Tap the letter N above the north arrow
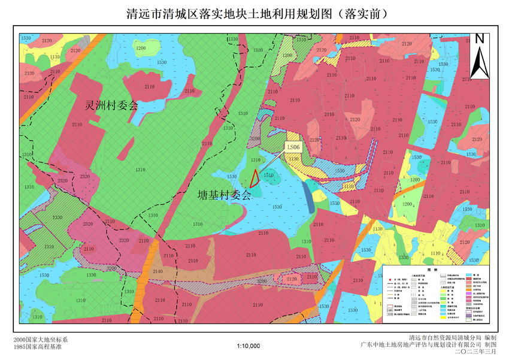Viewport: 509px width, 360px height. click(x=479, y=39)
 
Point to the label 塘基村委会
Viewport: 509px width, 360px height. click(x=225, y=195)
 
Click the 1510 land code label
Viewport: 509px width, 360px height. click(x=269, y=176)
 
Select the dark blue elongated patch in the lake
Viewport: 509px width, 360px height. click(x=308, y=196)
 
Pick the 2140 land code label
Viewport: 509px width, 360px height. click(x=157, y=271)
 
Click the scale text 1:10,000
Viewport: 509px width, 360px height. click(x=249, y=346)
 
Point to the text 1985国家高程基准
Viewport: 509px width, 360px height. click(x=37, y=346)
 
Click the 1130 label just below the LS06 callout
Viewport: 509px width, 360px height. click(x=293, y=159)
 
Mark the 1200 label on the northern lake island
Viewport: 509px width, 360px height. click(x=141, y=48)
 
